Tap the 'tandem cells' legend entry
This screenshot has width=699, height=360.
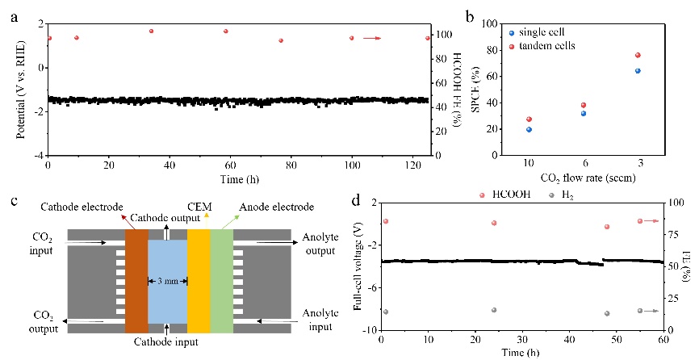pyautogui.click(x=548, y=45)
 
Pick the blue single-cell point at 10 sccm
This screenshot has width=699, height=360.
pyautogui.click(x=529, y=129)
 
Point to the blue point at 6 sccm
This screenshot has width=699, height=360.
pyautogui.click(x=583, y=113)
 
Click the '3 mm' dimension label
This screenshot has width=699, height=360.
pyautogui.click(x=167, y=281)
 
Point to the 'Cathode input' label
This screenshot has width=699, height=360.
pyautogui.click(x=167, y=342)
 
